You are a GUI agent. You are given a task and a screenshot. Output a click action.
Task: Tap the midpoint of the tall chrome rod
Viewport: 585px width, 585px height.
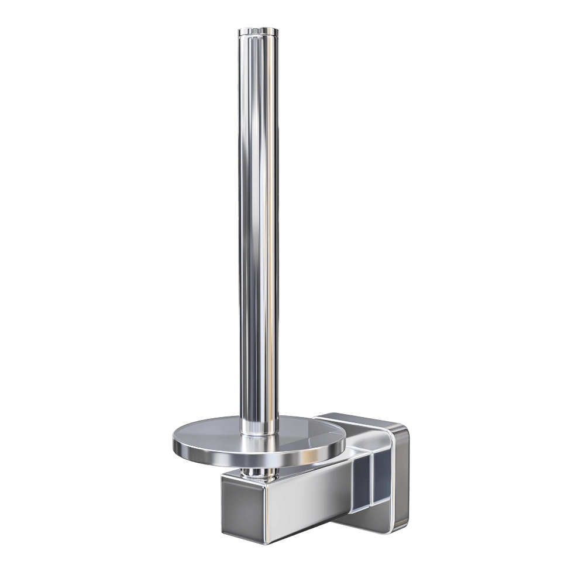[x=258, y=222]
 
